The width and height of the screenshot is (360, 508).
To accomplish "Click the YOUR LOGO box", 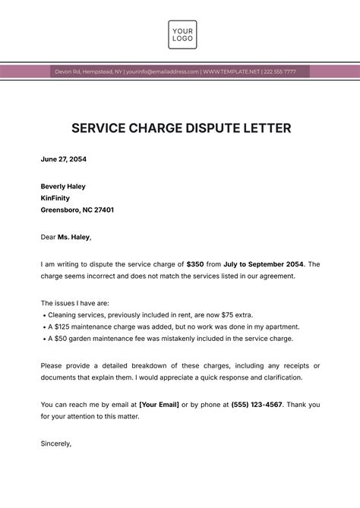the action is click(x=182, y=34).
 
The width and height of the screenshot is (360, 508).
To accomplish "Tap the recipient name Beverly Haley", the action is click(x=63, y=186).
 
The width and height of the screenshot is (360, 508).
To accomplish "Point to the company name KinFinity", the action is click(x=58, y=198).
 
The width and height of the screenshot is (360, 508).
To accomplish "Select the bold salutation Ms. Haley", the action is click(x=74, y=237).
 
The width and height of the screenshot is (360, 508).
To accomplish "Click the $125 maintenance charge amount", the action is click(x=62, y=327).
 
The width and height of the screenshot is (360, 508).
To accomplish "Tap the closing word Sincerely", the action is click(x=56, y=443).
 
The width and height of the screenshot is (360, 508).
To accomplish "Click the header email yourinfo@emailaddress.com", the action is click(x=163, y=71).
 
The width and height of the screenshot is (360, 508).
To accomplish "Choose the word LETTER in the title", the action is click(x=266, y=128).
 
